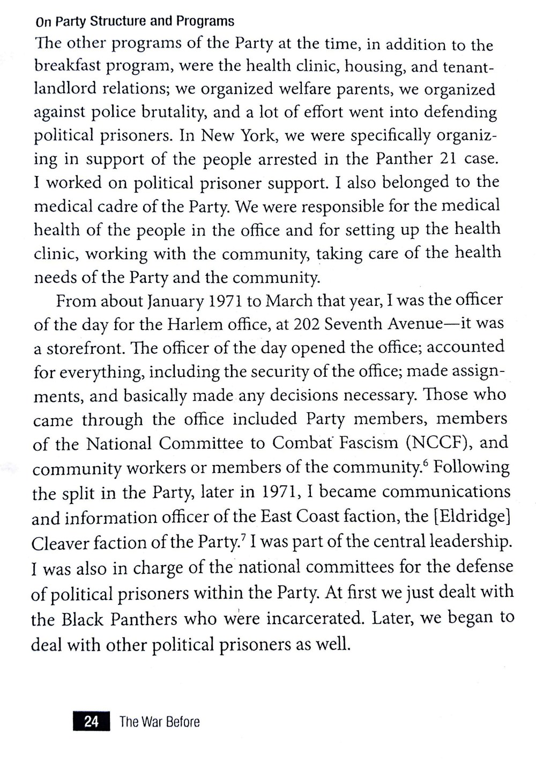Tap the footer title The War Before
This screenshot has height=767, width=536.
pos(159,722)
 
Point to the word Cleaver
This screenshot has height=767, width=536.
pos(59,543)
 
